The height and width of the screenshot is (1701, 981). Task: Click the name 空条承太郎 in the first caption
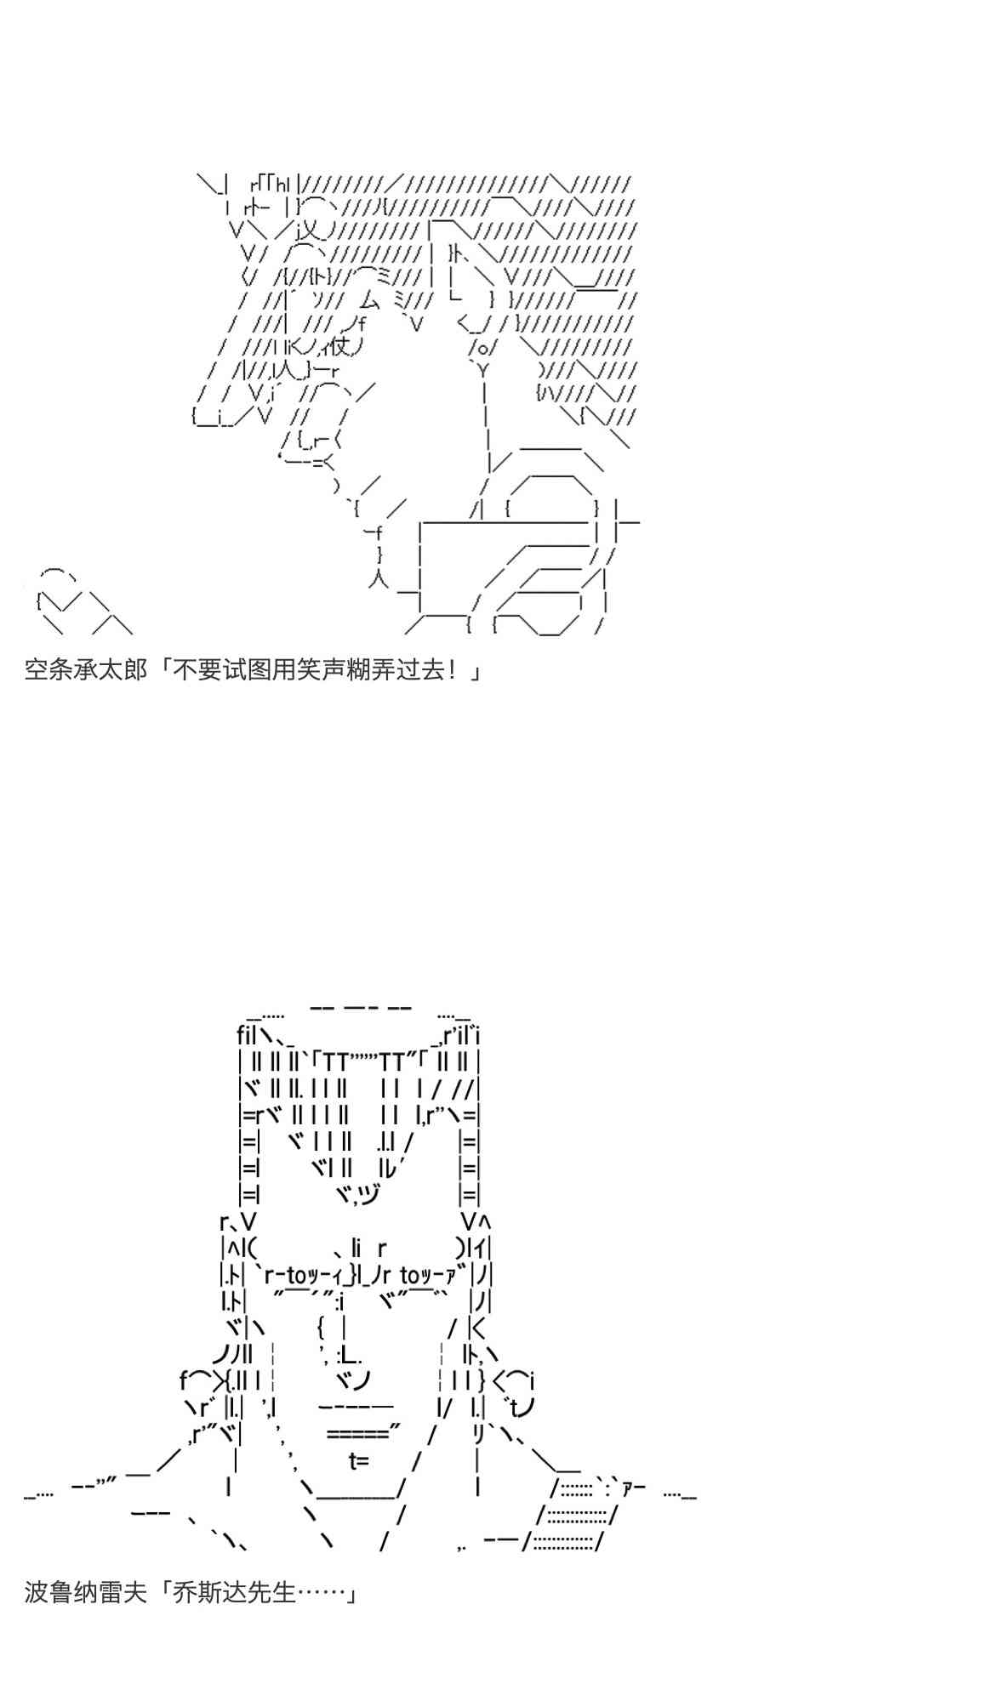tap(85, 670)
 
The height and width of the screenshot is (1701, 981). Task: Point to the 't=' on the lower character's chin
tap(358, 1461)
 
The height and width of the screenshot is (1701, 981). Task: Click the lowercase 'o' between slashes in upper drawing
tap(482, 348)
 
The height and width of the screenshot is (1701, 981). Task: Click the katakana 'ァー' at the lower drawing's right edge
tap(634, 1488)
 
